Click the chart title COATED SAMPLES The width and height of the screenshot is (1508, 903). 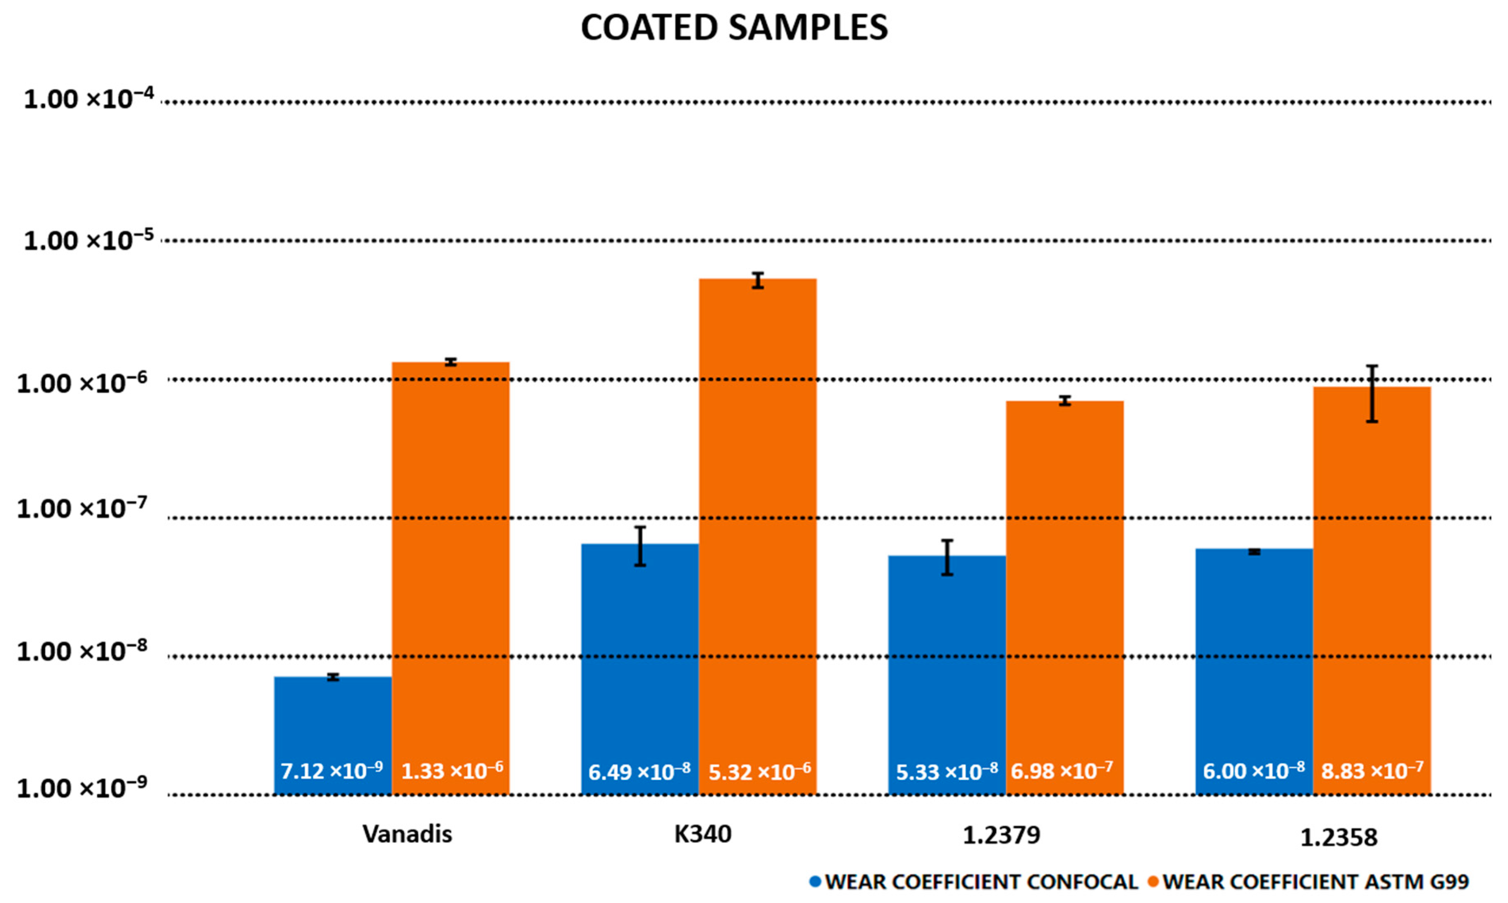[734, 28]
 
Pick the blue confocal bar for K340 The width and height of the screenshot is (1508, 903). [640, 657]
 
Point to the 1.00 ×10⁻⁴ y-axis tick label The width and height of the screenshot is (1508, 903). [89, 99]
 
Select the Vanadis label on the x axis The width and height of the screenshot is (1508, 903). [407, 834]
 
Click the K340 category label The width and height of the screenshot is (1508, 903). [703, 834]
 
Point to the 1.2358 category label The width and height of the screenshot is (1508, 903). [1339, 838]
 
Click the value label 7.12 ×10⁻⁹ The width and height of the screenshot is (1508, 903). [332, 771]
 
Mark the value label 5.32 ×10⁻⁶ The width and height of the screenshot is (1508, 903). [759, 772]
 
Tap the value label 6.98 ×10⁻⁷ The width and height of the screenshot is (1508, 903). [1062, 771]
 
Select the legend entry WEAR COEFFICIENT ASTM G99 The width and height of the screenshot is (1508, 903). [1315, 882]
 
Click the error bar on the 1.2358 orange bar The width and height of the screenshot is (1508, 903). [1372, 394]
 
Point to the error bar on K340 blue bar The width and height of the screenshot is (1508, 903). [640, 546]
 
